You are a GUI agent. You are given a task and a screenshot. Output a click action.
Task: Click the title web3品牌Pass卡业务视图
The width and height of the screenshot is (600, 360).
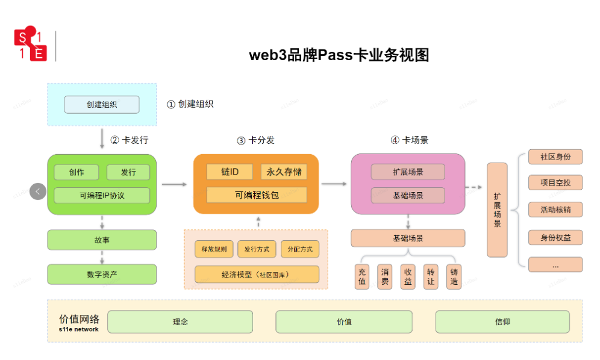click(x=339, y=55)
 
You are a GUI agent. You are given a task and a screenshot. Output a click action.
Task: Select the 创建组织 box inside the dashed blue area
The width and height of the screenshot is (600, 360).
click(x=101, y=105)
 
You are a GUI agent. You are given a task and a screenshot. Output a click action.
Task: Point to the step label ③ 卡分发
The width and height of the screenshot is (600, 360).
click(x=255, y=140)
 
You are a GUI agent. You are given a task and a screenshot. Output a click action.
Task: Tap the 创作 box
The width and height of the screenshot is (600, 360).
click(x=76, y=172)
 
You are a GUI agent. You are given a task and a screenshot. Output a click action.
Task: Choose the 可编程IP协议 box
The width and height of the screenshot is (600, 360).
click(x=101, y=195)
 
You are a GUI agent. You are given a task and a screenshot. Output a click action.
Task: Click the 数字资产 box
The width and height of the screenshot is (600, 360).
click(x=101, y=274)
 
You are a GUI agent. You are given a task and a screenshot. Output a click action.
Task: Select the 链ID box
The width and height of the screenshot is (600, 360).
click(x=230, y=172)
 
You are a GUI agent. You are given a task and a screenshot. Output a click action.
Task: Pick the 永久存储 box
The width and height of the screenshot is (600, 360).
click(x=284, y=172)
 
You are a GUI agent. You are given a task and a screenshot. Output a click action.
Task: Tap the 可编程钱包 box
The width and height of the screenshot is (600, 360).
click(x=256, y=195)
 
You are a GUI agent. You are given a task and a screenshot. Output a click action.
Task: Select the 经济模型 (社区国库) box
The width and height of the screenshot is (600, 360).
click(x=256, y=274)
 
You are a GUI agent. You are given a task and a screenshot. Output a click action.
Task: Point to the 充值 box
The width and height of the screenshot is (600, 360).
click(x=361, y=276)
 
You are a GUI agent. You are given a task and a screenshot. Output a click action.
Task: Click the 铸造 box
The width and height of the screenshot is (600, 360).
click(x=454, y=276)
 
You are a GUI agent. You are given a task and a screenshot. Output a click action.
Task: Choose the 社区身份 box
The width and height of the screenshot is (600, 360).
click(x=555, y=157)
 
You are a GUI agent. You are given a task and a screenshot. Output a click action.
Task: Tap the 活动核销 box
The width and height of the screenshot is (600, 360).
click(x=555, y=209)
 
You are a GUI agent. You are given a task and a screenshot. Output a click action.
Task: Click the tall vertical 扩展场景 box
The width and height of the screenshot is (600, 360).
click(x=497, y=209)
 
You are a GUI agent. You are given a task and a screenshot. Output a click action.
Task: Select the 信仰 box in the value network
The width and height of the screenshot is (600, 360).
click(x=502, y=321)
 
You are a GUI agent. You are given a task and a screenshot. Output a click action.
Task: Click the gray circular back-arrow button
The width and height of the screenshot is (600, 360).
click(x=37, y=191)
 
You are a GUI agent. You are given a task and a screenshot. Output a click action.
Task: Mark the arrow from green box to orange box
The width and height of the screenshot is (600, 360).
click(x=175, y=184)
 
